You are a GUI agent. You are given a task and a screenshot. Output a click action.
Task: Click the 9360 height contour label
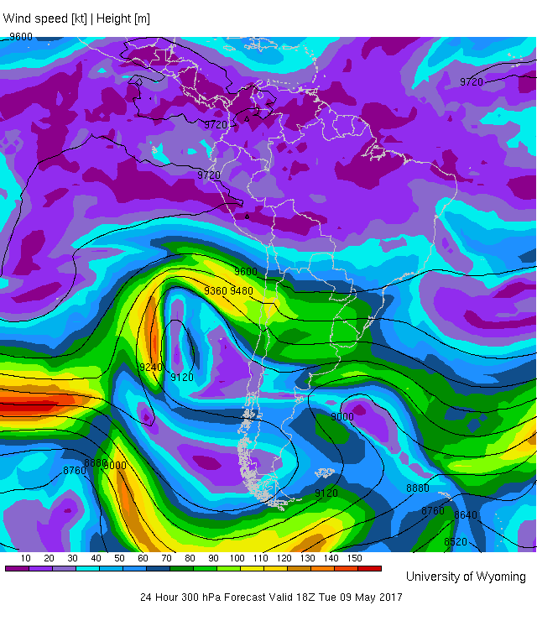[x=216, y=290]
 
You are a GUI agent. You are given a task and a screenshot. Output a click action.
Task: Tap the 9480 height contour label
[x=242, y=290]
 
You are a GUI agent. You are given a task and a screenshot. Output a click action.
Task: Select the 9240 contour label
[x=151, y=367]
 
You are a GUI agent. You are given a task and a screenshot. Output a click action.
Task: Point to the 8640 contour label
[x=466, y=515]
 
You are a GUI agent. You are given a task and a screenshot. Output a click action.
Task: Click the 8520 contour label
[x=455, y=542]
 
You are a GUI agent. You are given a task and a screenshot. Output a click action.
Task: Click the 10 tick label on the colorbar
[x=26, y=558]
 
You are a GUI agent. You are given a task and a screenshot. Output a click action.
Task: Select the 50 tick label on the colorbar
[x=120, y=558]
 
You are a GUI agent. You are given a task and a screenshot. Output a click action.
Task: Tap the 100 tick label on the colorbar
[x=237, y=558]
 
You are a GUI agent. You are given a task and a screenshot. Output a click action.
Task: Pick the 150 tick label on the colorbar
[x=355, y=558]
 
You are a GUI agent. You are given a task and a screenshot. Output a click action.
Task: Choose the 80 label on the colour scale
[x=190, y=558]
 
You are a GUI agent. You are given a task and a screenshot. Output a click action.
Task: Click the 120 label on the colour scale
[x=284, y=558]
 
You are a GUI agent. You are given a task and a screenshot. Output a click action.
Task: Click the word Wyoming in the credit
[x=501, y=577]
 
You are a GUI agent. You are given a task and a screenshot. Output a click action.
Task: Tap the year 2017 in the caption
[x=389, y=598]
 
